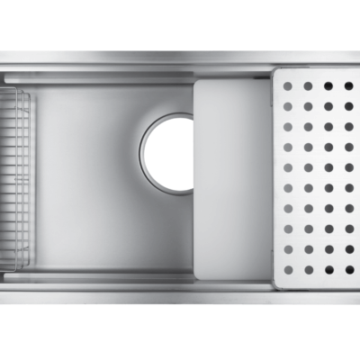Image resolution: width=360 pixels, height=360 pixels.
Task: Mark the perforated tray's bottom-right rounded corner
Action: coord(357,286)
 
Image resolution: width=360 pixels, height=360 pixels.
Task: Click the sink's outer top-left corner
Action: coord(1,50)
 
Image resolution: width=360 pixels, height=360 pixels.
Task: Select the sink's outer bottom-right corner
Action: coord(359,307)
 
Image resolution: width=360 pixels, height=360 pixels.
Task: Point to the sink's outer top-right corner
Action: coord(359,50)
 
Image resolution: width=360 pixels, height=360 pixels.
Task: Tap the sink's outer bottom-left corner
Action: coord(1,307)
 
